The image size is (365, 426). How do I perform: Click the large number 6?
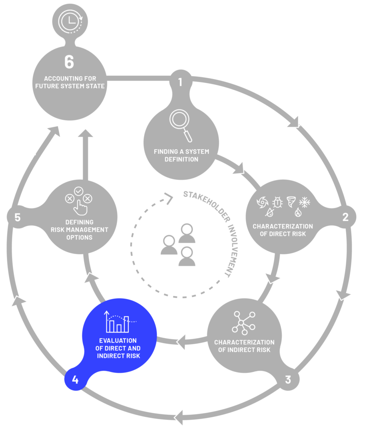point(69,62)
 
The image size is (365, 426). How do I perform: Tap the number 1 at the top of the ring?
point(180,82)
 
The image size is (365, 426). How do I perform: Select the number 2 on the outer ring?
point(345,217)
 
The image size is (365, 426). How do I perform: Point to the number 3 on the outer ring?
point(288,379)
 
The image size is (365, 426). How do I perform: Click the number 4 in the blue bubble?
point(75,379)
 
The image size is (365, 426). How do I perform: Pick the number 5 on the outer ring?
point(17,217)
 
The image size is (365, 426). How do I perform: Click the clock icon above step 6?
point(70,21)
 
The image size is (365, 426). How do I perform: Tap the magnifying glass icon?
point(181,125)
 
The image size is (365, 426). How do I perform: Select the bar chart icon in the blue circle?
point(120,322)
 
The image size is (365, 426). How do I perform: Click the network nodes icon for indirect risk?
point(244,323)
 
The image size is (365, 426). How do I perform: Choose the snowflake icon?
point(305,202)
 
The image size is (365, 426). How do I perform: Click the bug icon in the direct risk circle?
point(277,202)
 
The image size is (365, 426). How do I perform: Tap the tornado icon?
point(291,202)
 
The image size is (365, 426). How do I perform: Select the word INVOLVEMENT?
point(233,250)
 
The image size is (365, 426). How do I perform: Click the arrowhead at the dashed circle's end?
point(169,199)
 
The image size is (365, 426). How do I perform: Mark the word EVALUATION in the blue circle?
point(118,341)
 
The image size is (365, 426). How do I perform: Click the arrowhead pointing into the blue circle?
point(181,342)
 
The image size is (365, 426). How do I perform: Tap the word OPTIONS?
point(80,238)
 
